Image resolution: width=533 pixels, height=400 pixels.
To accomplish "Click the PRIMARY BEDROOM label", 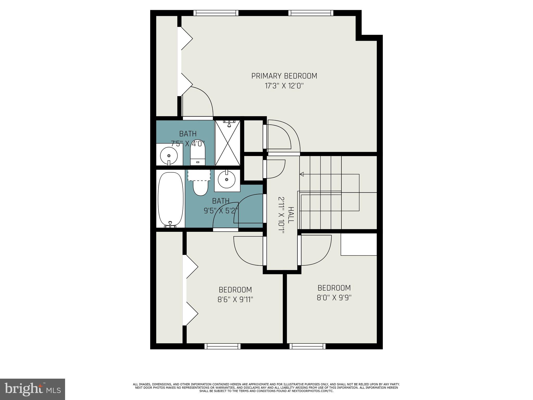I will tap(284, 76).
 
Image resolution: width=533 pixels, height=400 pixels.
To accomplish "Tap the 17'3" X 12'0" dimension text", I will tap(284, 86).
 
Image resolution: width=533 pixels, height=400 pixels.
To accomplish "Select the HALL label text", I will tap(291, 215).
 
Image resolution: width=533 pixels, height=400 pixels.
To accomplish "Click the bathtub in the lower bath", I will tap(170, 199).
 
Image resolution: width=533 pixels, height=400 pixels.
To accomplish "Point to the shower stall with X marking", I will tap(227, 143).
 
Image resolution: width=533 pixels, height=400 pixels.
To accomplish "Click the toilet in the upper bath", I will tap(198, 154).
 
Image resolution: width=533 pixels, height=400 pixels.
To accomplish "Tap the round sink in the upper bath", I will tap(169, 156).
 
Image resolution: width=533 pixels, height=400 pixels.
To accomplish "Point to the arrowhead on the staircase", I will tap(302, 174).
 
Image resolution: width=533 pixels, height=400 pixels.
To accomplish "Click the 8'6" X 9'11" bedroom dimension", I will tap(235, 299).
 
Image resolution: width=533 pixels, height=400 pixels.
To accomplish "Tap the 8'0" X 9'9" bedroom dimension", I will tap(334, 298).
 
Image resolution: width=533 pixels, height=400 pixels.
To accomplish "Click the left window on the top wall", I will tap(216, 13).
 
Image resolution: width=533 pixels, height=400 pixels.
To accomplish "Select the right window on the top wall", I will tap(311, 13).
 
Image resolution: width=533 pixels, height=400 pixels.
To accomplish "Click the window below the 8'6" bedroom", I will tap(222, 346).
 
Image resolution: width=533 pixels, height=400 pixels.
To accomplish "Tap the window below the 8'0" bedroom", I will tap(307, 346).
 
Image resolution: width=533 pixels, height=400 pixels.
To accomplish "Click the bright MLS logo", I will tap(33, 389).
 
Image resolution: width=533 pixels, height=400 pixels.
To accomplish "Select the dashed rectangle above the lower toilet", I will tap(199, 175).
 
